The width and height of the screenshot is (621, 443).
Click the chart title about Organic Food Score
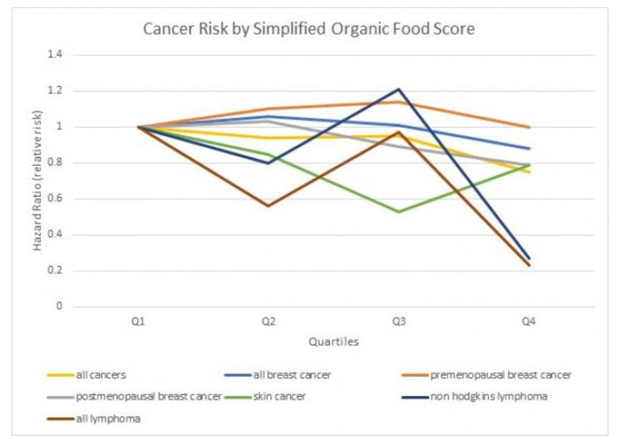309,29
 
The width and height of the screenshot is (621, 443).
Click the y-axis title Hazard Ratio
38,180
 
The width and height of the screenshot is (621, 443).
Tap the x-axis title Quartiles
334,342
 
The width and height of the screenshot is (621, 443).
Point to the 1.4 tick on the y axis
55,54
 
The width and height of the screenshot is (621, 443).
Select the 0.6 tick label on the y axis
55,198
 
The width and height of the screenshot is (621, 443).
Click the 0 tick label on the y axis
59,306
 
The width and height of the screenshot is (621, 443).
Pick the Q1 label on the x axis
138,322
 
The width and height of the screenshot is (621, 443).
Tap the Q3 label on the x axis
399,322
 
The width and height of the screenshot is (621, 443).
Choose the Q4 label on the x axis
529,322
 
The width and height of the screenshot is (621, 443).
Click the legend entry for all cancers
87,375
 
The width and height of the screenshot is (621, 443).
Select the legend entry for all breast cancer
278,375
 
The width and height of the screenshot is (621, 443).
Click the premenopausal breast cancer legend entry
486,375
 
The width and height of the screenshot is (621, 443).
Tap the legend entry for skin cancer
265,396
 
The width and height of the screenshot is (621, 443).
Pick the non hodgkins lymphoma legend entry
474,396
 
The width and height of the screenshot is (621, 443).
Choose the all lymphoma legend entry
94,419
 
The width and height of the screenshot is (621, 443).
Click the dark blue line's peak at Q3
399,89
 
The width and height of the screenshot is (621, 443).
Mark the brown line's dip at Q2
268,206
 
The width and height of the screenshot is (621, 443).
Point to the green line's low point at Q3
399,212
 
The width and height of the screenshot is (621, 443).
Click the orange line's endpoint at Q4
529,127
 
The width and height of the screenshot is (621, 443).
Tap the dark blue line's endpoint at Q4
529,258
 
